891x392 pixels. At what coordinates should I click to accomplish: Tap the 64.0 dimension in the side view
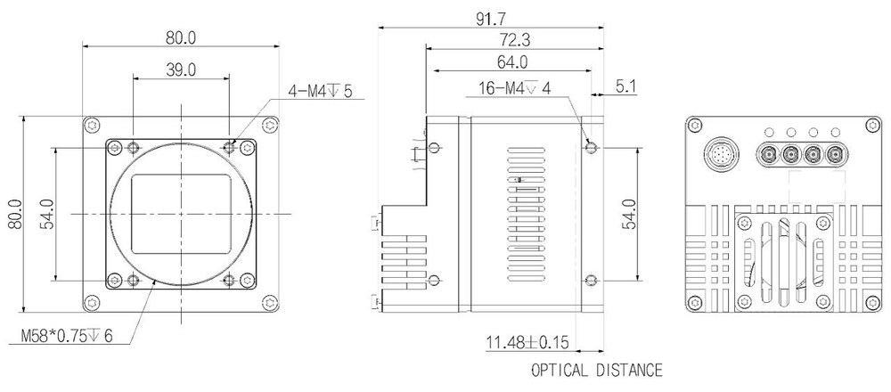click(x=511, y=62)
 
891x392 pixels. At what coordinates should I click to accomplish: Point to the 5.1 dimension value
click(x=626, y=86)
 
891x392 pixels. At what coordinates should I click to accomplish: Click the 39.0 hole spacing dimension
click(x=181, y=69)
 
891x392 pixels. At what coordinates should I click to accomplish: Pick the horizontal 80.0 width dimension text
click(x=180, y=37)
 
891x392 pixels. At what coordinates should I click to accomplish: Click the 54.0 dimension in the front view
click(x=46, y=214)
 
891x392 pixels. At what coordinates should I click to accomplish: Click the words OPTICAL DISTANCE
click(x=596, y=369)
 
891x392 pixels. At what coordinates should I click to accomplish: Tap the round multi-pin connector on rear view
click(x=722, y=153)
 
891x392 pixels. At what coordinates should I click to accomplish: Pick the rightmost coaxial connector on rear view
click(x=835, y=153)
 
